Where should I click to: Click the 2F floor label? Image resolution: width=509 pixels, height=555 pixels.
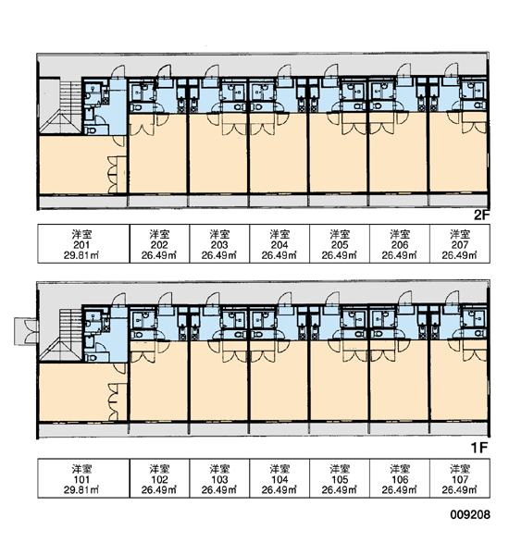[x=481, y=215]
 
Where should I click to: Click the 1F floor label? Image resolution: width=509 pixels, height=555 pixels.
[x=479, y=448]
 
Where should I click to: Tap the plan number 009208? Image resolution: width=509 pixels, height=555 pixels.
[x=470, y=514]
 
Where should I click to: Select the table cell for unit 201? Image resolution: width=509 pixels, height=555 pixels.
[x=83, y=244]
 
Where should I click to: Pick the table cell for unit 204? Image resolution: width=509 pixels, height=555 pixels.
[x=279, y=244]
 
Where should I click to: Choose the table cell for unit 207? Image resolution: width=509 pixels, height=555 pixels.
[x=460, y=244]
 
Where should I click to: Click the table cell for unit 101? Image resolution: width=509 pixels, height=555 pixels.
[x=83, y=478]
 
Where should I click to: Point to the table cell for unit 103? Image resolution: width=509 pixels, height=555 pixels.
[x=219, y=478]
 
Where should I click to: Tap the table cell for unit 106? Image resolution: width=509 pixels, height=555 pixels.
[x=400, y=478]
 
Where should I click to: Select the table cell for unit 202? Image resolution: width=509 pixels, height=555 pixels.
[x=160, y=244]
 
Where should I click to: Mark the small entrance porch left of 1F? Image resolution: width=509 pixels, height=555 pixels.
[x=26, y=331]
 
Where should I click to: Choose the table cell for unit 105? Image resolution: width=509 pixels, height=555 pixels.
[x=340, y=478]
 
